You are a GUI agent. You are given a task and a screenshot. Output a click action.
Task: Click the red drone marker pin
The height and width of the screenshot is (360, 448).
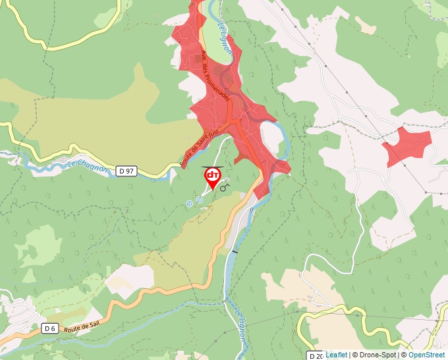pos(213,177)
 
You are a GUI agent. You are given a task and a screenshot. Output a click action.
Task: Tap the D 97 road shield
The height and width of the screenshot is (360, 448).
pos(126,171)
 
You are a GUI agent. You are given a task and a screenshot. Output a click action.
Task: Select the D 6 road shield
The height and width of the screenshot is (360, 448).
pos(50,328)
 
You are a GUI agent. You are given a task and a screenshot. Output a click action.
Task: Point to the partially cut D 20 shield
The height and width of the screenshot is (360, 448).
pos(316,355)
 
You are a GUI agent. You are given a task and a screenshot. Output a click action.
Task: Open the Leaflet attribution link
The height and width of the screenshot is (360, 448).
pos(337,355)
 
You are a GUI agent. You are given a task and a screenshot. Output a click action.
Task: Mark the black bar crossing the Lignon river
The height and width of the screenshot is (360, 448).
pos(235,251)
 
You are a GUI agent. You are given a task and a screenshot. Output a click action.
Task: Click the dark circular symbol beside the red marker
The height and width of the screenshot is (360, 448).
pos(224,188)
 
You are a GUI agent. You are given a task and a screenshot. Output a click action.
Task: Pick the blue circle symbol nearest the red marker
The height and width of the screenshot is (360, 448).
pos(199,199)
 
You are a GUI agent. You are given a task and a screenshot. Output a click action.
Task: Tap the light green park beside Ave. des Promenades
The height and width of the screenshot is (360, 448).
pos(224,49)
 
